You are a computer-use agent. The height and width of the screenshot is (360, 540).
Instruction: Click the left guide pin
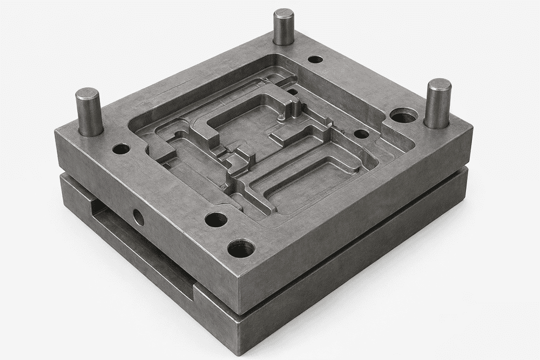pyautogui.click(x=89, y=113)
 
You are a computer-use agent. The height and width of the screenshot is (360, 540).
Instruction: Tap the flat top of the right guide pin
pyautogui.click(x=438, y=85)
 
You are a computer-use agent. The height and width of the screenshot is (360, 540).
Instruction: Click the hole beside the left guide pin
pyautogui.click(x=122, y=148)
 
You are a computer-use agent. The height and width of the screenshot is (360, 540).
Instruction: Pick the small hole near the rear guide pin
pyautogui.click(x=315, y=59)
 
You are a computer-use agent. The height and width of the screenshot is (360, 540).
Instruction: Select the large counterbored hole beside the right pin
pyautogui.click(x=404, y=115)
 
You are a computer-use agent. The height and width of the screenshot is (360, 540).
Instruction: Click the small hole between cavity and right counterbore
pyautogui.click(x=361, y=133)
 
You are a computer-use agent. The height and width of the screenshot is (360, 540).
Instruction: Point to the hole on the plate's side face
pyautogui.click(x=139, y=218)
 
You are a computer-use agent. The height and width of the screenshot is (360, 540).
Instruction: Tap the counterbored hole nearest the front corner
pyautogui.click(x=241, y=248)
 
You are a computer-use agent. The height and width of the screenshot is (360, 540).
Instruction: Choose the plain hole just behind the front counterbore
pyautogui.click(x=216, y=220)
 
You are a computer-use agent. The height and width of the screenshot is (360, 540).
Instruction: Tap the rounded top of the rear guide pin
pyautogui.click(x=283, y=13)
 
